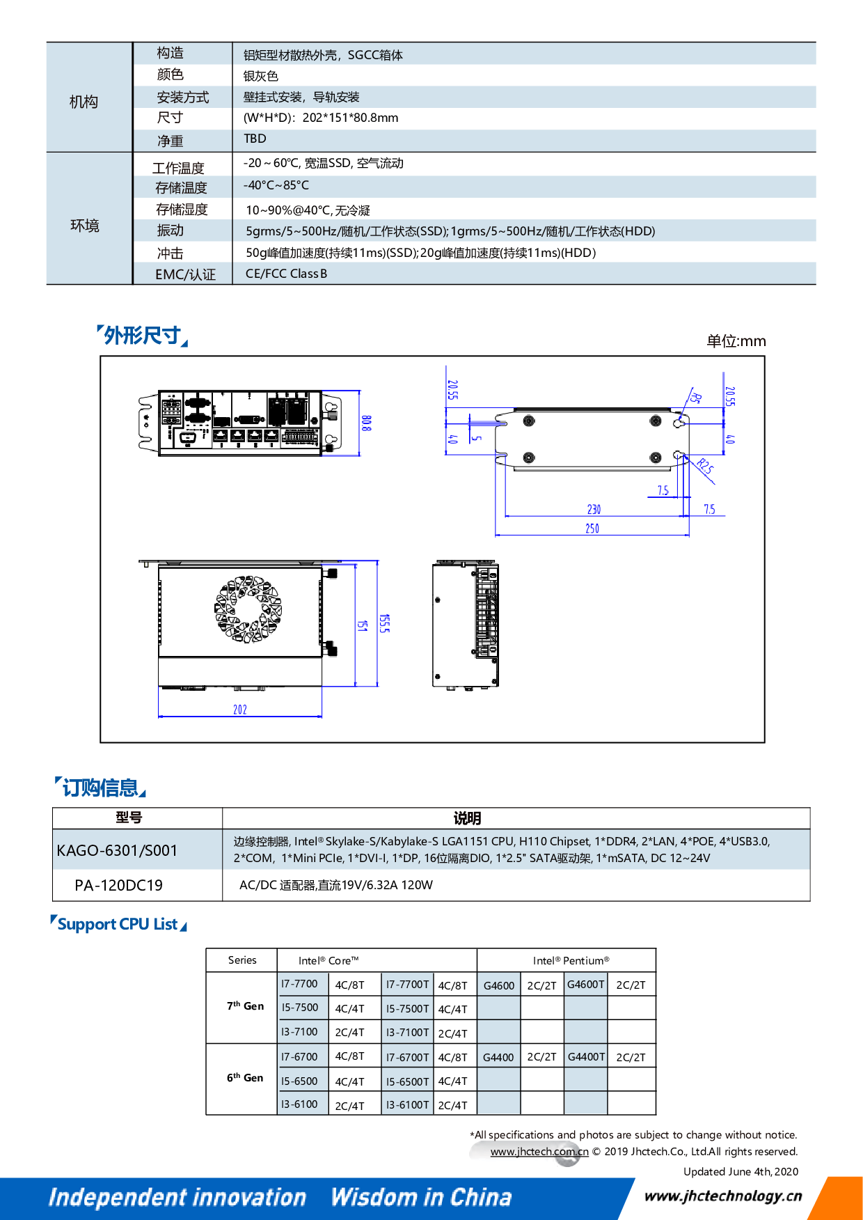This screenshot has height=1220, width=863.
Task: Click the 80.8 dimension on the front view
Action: [366, 423]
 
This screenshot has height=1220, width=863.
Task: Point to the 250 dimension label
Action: [592, 529]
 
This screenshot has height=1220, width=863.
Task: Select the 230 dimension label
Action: [594, 510]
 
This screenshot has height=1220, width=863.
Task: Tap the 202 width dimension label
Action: [240, 710]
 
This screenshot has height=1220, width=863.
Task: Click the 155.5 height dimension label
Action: [384, 623]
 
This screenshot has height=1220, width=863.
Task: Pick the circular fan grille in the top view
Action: [248, 609]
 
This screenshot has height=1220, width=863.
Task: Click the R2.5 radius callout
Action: [705, 467]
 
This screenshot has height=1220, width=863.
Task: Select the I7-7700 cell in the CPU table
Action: [299, 984]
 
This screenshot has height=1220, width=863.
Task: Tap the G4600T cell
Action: [585, 984]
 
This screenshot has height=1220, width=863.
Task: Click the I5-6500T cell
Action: [407, 1081]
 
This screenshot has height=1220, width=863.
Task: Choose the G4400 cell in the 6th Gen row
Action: [498, 1057]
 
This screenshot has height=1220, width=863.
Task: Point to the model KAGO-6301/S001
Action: [117, 850]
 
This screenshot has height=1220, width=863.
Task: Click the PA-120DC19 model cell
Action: [118, 885]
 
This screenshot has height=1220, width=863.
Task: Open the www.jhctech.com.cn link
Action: [539, 1152]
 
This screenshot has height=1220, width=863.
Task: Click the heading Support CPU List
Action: [118, 924]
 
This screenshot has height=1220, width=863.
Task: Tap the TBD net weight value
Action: [255, 139]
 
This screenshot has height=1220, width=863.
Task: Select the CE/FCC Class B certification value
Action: [286, 274]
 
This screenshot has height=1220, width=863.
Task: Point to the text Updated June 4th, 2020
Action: [741, 1171]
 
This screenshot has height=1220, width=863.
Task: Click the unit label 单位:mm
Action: [736, 341]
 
